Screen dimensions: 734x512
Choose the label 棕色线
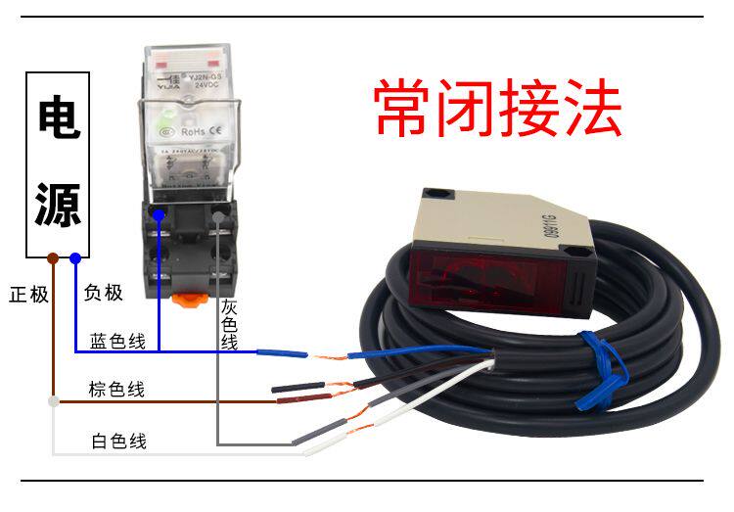[116, 390]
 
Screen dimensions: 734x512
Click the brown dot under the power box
[53, 258]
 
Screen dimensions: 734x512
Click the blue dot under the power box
[75, 258]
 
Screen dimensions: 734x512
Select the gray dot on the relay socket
[217, 210]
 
